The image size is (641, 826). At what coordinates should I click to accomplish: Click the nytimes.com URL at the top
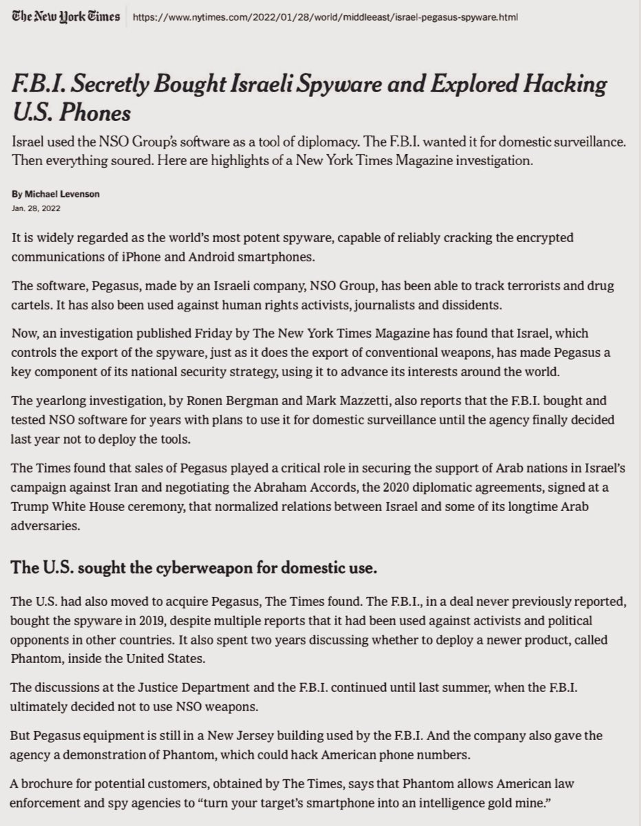324,16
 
